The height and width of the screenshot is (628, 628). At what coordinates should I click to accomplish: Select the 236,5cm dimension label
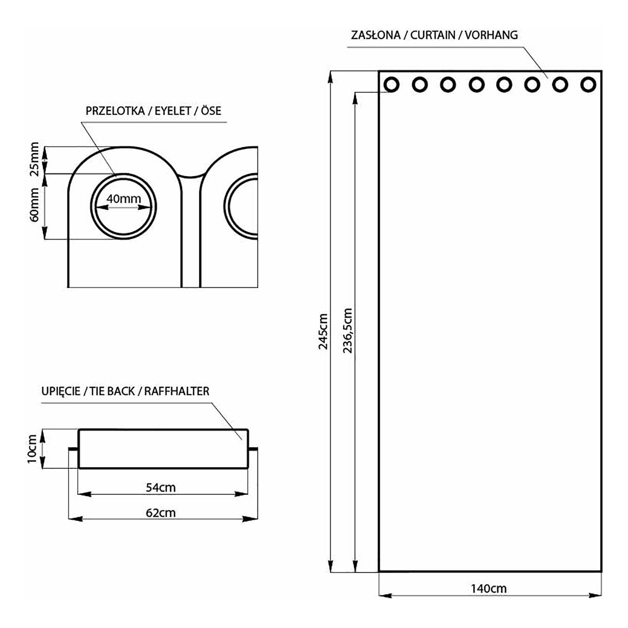tap(348, 330)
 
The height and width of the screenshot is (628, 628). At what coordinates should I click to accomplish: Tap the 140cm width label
tap(488, 588)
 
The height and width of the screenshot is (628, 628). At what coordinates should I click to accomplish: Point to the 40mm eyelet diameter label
tap(124, 198)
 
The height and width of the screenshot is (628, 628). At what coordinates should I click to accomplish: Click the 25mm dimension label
tap(35, 159)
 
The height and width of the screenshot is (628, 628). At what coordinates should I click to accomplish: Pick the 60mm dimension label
tap(35, 205)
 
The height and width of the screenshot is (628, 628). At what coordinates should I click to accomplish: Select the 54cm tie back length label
tap(160, 487)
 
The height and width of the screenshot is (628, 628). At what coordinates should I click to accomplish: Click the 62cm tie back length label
tap(160, 512)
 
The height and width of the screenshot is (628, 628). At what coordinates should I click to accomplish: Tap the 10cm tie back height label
tap(32, 449)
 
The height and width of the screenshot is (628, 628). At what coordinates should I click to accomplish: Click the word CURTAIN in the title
tap(432, 35)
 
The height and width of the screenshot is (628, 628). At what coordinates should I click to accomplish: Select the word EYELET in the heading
tap(173, 111)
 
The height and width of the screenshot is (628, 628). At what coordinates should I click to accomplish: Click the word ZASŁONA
tap(376, 35)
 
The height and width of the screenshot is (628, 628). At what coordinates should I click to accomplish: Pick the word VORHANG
tap(491, 35)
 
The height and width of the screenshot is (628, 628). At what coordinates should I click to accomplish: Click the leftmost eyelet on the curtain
tap(391, 85)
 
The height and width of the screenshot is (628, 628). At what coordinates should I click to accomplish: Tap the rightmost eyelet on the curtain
tap(588, 85)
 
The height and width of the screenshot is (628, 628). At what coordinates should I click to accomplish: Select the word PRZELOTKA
tap(115, 111)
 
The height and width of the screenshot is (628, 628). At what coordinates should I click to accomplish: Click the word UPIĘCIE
tap(61, 391)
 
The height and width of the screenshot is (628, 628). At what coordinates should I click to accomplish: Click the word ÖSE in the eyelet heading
tap(211, 111)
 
